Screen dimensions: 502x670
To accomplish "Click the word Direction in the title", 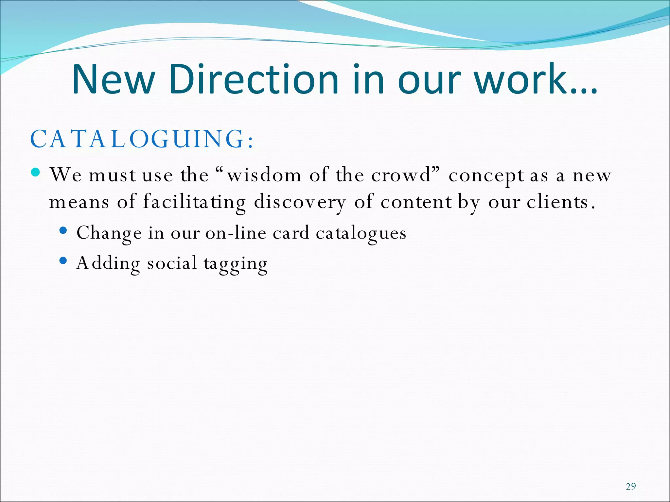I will (x=254, y=79).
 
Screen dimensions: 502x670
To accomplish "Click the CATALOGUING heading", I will (x=142, y=139).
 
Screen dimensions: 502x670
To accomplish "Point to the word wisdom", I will (x=264, y=175).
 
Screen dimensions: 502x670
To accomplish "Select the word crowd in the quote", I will (x=401, y=175).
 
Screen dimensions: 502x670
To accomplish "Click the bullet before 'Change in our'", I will (x=63, y=230).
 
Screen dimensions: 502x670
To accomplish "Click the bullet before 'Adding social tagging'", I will (x=63, y=260).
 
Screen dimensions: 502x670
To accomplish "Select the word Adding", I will (x=108, y=263).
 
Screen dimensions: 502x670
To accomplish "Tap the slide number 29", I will (x=631, y=487).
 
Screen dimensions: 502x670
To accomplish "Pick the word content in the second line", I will (x=416, y=202).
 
